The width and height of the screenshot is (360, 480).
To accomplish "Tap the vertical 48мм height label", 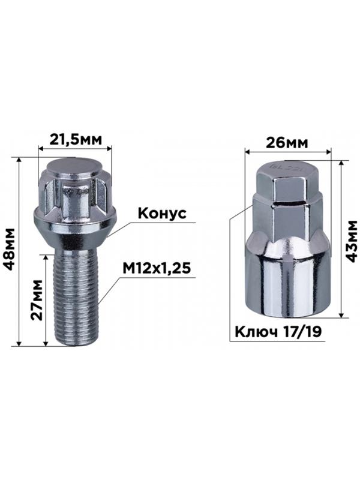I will [x=10, y=249].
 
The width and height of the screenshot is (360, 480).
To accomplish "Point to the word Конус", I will [x=162, y=214].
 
